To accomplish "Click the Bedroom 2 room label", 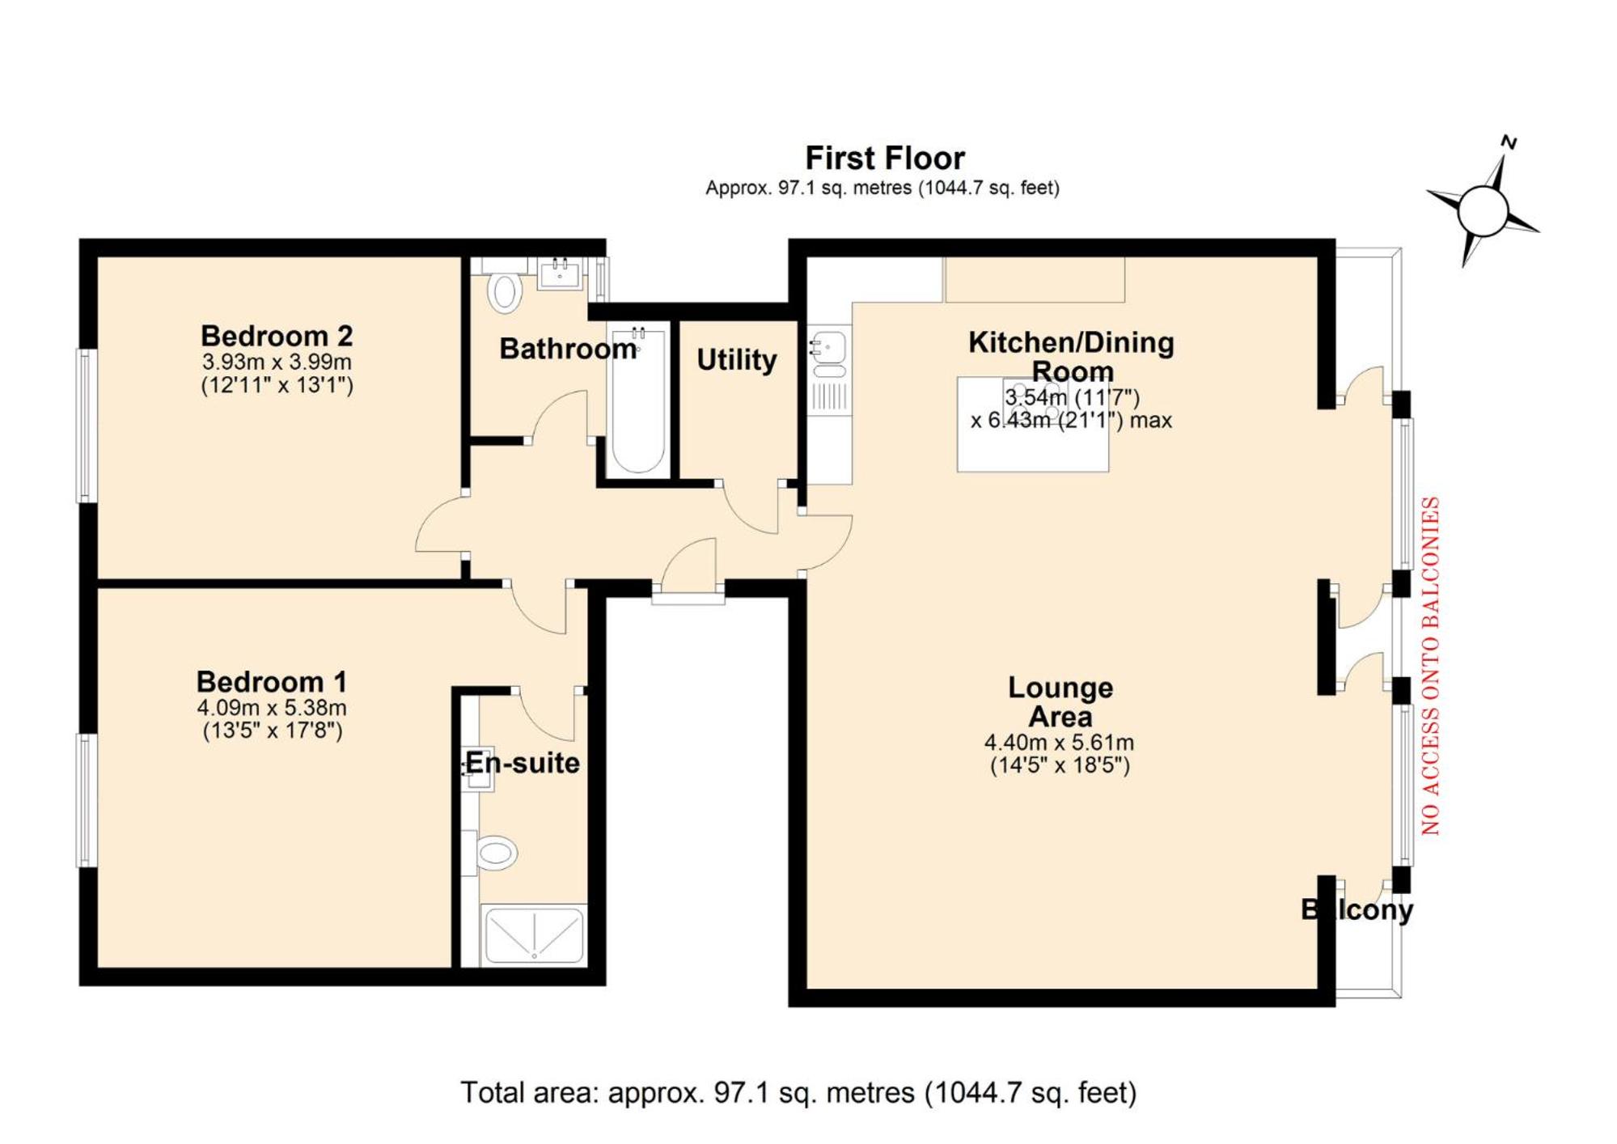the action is click(277, 335).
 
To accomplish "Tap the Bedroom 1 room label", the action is click(272, 681).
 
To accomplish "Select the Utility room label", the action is click(736, 360).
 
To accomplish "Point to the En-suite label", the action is click(523, 763).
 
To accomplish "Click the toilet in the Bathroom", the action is click(504, 292).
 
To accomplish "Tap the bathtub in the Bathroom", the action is click(638, 400).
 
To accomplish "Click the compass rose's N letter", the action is click(1508, 143).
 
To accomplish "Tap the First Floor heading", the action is click(884, 158).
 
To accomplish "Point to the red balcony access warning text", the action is click(1430, 666).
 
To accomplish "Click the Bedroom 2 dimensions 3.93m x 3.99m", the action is click(277, 361).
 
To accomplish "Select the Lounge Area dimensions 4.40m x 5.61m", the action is click(1059, 742).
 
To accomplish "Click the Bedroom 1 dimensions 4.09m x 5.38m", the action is click(272, 708).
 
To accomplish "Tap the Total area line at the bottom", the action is click(798, 1092).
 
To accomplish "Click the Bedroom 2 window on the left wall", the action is click(87, 426).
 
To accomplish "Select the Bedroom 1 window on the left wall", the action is click(87, 800).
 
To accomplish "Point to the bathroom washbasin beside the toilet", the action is click(560, 273).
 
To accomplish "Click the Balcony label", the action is click(1357, 909).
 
